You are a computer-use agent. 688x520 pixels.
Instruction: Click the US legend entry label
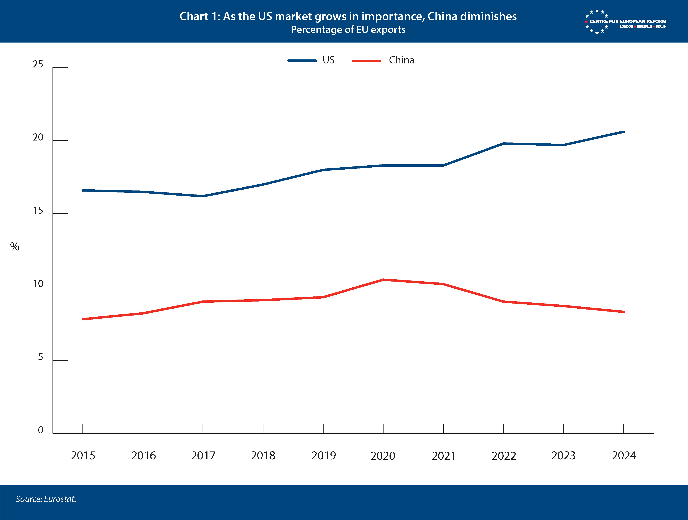(x=328, y=60)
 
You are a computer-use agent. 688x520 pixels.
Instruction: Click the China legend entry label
(x=401, y=60)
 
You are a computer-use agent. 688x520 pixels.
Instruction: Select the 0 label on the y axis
(x=41, y=430)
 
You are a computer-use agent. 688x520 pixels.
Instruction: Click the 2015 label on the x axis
(x=83, y=456)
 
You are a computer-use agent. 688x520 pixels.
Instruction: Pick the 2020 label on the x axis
(x=383, y=456)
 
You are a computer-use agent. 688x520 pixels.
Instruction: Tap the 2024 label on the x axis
(x=624, y=456)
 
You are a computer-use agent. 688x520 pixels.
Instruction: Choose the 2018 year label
(x=263, y=456)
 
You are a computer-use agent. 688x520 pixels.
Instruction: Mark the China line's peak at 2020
(x=383, y=280)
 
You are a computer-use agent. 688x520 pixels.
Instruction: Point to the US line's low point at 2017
(x=203, y=196)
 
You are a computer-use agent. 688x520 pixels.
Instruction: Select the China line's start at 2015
(x=83, y=319)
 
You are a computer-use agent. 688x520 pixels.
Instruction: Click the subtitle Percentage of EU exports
(x=348, y=30)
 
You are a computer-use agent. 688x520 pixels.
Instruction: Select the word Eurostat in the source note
(x=60, y=499)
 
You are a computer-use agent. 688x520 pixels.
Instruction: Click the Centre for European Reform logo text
(x=628, y=21)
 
